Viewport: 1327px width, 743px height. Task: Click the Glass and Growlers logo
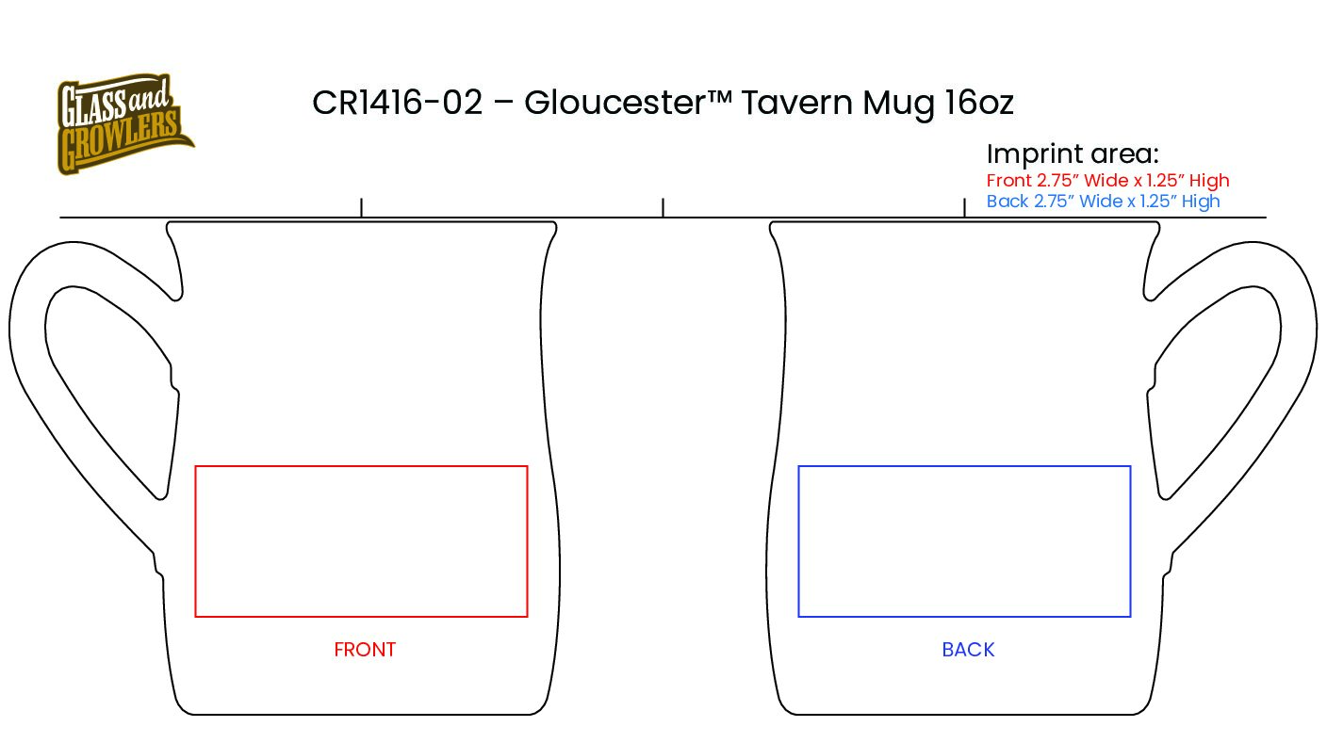(x=123, y=124)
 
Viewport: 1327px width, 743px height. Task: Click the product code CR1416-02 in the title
(x=397, y=103)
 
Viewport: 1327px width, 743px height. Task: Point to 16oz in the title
(x=978, y=103)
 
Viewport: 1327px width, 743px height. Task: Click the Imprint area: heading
(x=1072, y=154)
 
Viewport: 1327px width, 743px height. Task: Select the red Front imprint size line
(x=1107, y=180)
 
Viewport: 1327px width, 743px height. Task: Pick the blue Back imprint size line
(x=1103, y=202)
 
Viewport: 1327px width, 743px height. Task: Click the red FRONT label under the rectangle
(x=365, y=650)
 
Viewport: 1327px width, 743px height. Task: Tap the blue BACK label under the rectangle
(x=968, y=650)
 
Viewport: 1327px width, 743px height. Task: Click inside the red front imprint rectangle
(x=361, y=541)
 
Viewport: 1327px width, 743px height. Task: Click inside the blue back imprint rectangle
(x=964, y=541)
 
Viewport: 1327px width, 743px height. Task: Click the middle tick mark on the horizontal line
(x=663, y=207)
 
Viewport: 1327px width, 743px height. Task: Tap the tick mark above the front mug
(x=362, y=207)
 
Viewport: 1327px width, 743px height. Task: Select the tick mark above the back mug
(x=964, y=207)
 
